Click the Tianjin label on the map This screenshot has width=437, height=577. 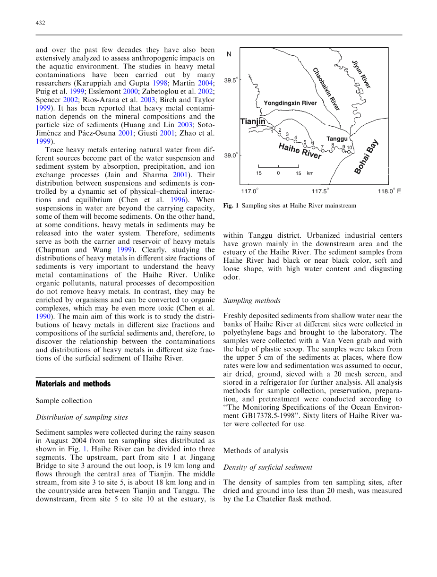click(253, 122)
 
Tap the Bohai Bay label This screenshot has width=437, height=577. click(366, 156)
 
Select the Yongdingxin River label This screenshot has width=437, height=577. click(290, 103)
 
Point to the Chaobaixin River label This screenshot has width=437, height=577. click(326, 89)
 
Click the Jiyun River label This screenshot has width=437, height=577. click(361, 74)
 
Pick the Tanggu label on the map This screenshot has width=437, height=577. click(337, 139)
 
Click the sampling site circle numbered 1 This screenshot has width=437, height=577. click(274, 128)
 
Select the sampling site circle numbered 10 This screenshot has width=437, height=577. click(349, 152)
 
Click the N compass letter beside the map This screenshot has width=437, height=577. click(229, 54)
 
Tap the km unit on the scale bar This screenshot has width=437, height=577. click(310, 173)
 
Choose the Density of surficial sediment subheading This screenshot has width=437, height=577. click(267, 467)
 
